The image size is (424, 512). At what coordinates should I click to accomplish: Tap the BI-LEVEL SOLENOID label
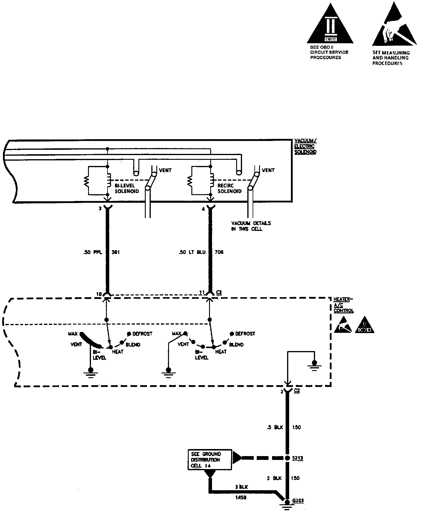(x=127, y=188)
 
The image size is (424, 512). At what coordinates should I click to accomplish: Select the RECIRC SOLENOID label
(x=229, y=188)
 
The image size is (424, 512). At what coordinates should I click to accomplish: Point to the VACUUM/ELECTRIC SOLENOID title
(x=305, y=146)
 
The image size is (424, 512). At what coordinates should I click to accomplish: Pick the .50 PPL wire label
(x=92, y=252)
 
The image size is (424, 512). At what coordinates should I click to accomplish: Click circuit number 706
(x=219, y=252)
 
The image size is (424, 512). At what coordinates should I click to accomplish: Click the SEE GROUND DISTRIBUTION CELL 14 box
(x=210, y=460)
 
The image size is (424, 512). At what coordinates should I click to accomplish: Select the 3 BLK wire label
(x=241, y=487)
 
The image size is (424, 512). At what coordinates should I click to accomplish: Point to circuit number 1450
(x=241, y=498)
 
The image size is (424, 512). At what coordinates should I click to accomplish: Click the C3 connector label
(x=219, y=292)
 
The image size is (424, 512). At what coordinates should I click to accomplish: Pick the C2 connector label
(x=297, y=391)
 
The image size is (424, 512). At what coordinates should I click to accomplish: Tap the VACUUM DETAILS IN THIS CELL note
(x=251, y=226)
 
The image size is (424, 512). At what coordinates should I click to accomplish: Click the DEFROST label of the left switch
(x=142, y=334)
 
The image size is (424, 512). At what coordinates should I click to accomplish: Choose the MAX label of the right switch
(x=176, y=334)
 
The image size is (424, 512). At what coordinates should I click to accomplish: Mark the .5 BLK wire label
(x=274, y=427)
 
